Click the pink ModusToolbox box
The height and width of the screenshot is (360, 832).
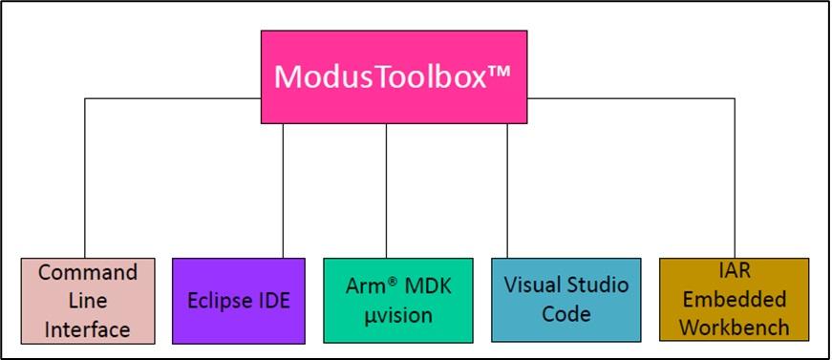pos(395,76)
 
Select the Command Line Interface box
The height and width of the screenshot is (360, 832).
pos(88,301)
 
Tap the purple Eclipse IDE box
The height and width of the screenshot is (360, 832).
pos(239,300)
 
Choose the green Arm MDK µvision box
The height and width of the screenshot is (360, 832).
pos(387,300)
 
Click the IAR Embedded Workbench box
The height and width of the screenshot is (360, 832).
pos(734,300)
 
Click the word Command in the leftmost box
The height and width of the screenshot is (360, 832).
pos(88,273)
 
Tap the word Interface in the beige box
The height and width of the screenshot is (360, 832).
pos(88,330)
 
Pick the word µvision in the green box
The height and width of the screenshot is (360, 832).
pos(387,315)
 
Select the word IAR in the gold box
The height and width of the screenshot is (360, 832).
pos(734,272)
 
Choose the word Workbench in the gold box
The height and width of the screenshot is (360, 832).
pos(734,328)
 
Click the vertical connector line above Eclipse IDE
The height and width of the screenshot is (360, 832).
pos(283,191)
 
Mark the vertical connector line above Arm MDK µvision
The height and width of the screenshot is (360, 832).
pos(387,191)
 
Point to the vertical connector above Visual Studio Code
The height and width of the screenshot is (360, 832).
pos(507,191)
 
